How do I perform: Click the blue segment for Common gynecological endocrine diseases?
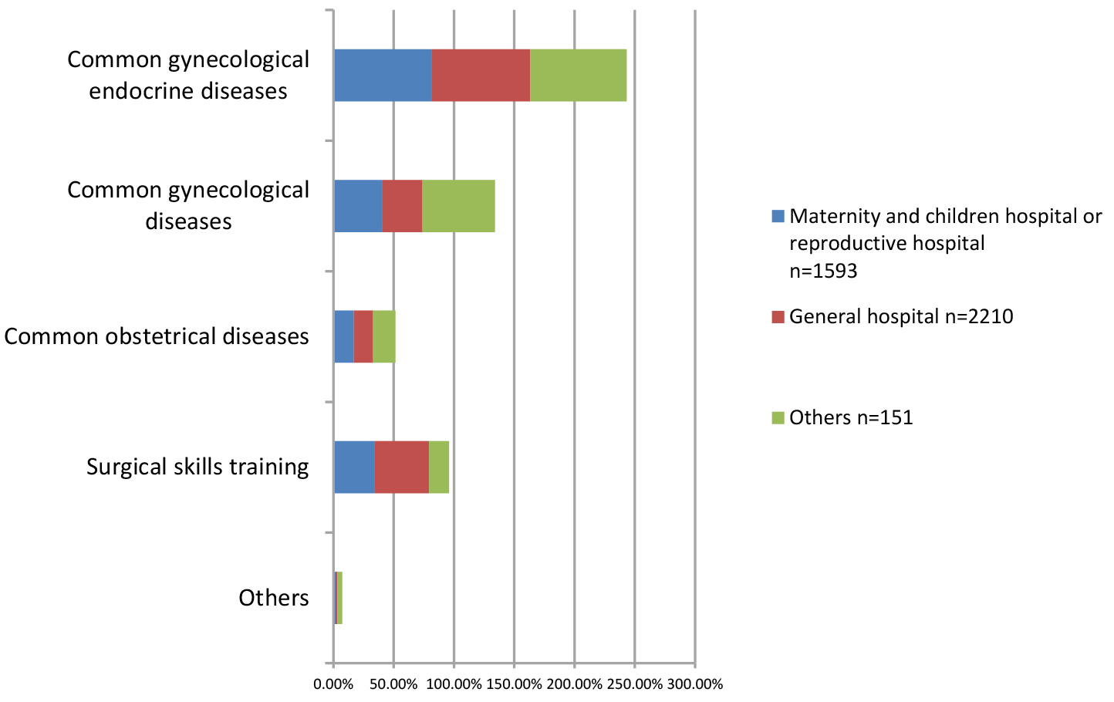383,75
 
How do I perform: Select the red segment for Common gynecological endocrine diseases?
481,75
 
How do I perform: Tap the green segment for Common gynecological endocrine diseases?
578,75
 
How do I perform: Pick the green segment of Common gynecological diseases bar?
458,206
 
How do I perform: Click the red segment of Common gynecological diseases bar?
402,206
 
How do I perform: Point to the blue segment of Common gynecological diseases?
358,206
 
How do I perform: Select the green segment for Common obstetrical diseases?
383,336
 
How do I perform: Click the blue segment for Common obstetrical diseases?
343,336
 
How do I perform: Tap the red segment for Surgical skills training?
401,467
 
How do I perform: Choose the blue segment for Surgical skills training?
354,467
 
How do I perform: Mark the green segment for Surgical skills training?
438,467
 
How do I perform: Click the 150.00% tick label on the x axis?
515,684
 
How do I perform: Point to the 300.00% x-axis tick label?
695,684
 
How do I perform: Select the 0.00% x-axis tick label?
333,684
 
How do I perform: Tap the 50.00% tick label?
393,684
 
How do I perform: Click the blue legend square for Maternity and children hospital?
777,216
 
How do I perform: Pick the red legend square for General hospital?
777,316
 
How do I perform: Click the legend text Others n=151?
851,417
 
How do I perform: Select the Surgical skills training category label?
197,467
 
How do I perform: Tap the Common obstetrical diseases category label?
157,336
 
